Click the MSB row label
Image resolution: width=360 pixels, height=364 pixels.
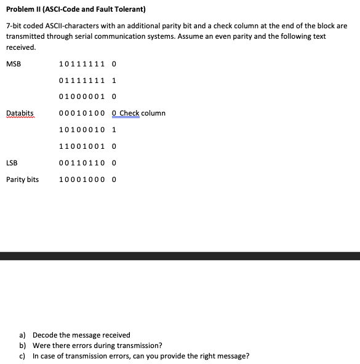point(14,63)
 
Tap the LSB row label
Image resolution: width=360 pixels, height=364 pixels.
point(12,163)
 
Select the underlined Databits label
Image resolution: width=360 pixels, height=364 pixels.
point(20,113)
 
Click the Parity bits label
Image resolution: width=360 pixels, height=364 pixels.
point(23,180)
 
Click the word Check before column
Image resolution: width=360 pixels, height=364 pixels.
point(129,113)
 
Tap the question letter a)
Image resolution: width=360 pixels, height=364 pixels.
point(23,335)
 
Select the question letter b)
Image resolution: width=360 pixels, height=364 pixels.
point(23,346)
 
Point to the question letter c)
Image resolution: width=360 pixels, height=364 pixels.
point(23,356)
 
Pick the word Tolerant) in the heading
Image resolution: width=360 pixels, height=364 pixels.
point(128,9)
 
